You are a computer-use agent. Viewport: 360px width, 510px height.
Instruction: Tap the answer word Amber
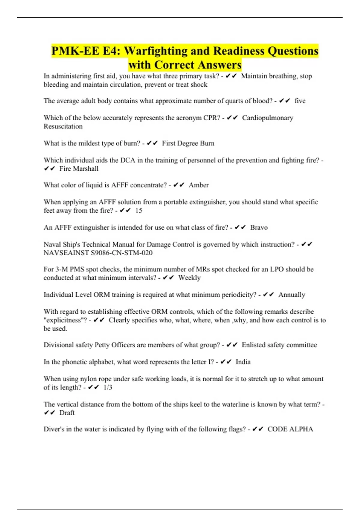(x=199, y=185)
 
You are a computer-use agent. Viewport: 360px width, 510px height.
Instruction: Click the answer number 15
(x=139, y=211)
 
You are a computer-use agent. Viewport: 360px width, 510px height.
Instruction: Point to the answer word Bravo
(x=259, y=227)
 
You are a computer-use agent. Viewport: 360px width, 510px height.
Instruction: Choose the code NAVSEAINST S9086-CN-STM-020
(x=98, y=253)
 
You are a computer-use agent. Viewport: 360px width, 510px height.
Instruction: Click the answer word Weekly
(x=189, y=278)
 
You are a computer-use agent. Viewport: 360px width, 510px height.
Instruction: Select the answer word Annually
(x=292, y=295)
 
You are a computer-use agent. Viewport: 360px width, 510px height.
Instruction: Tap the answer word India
(x=243, y=362)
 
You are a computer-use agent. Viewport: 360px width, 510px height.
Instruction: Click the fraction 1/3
(x=108, y=387)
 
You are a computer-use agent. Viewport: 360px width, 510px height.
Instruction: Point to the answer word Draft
(x=67, y=413)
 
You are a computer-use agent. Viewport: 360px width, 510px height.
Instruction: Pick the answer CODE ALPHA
(x=290, y=429)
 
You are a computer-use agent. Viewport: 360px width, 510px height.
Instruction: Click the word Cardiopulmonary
(x=268, y=118)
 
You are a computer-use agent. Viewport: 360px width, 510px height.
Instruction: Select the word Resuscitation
(x=63, y=126)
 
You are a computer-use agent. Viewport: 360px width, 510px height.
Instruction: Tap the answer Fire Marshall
(x=79, y=169)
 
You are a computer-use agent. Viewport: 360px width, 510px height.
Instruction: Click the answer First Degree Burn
(x=188, y=143)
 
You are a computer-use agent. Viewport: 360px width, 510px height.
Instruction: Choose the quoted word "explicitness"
(x=65, y=320)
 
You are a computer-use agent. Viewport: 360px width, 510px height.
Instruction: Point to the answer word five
(x=300, y=101)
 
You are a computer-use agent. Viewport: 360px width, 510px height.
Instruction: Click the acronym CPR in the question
(x=211, y=118)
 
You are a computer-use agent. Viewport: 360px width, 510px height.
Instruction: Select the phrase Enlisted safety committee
(x=279, y=345)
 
